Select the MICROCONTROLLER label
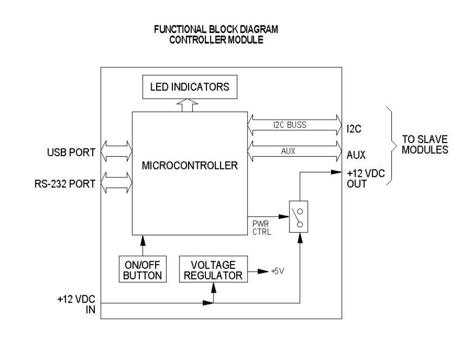[190, 165]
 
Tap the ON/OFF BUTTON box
[143, 270]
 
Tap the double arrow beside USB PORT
[117, 151]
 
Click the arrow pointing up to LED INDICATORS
[182, 105]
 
